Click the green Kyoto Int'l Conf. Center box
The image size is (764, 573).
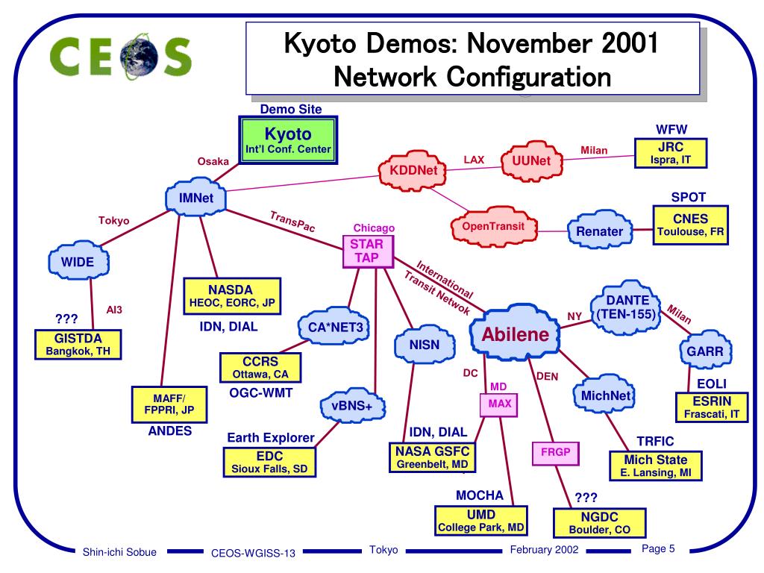288,141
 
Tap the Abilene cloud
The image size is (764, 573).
514,334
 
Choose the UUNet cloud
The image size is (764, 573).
531,161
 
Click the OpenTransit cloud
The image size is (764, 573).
494,226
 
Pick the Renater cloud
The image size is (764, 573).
599,231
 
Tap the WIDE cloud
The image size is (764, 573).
78,263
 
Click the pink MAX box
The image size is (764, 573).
498,404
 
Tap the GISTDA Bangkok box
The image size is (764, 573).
78,344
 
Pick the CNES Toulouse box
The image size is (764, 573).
690,225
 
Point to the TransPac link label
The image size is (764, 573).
292,221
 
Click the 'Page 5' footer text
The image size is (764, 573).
658,549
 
